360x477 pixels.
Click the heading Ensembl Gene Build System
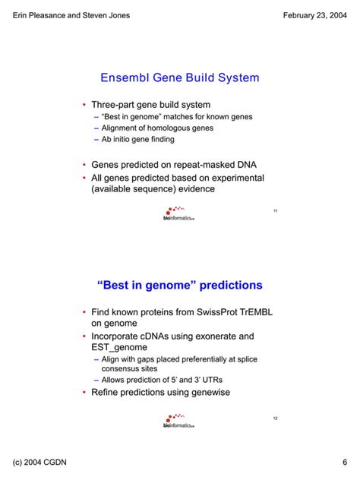(x=180, y=77)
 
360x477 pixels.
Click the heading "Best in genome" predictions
(x=180, y=285)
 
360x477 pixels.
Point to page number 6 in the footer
(x=344, y=463)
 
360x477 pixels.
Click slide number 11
(x=275, y=210)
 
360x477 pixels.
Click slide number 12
(x=275, y=419)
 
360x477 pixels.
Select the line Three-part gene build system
(x=151, y=104)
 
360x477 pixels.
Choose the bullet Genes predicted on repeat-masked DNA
(x=167, y=163)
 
